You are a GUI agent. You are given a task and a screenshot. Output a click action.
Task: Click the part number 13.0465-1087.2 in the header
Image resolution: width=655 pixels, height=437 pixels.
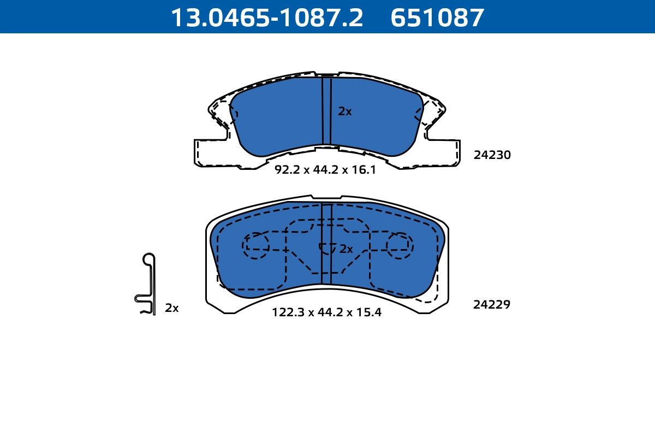click(x=267, y=18)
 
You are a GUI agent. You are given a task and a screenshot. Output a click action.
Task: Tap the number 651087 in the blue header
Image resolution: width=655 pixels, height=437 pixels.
click(x=437, y=18)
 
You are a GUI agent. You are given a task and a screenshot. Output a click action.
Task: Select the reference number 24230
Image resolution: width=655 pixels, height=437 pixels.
click(x=492, y=155)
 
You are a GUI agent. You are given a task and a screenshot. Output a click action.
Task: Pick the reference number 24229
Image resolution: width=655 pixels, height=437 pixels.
click(x=492, y=304)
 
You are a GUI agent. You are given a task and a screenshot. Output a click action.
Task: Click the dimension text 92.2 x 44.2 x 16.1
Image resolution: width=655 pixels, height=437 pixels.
click(x=325, y=169)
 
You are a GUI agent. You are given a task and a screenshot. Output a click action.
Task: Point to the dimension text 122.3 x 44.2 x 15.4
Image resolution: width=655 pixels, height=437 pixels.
click(x=326, y=312)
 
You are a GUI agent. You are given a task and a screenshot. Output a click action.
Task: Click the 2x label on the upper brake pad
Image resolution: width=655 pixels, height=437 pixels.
click(x=345, y=111)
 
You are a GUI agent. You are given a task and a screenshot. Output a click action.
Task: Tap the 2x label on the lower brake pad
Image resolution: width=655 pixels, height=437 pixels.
click(x=346, y=249)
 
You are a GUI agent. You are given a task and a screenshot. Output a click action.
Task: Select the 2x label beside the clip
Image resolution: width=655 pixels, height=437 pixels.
click(x=171, y=308)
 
